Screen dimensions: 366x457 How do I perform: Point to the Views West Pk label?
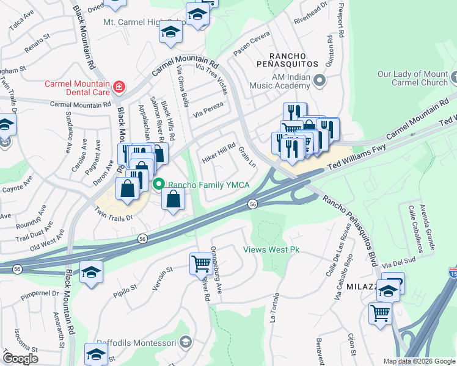(x=271, y=249)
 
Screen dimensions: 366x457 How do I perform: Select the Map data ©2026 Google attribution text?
(x=419, y=361)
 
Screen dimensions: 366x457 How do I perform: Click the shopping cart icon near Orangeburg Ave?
(x=201, y=264)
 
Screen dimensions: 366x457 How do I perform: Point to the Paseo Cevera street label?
(x=251, y=44)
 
